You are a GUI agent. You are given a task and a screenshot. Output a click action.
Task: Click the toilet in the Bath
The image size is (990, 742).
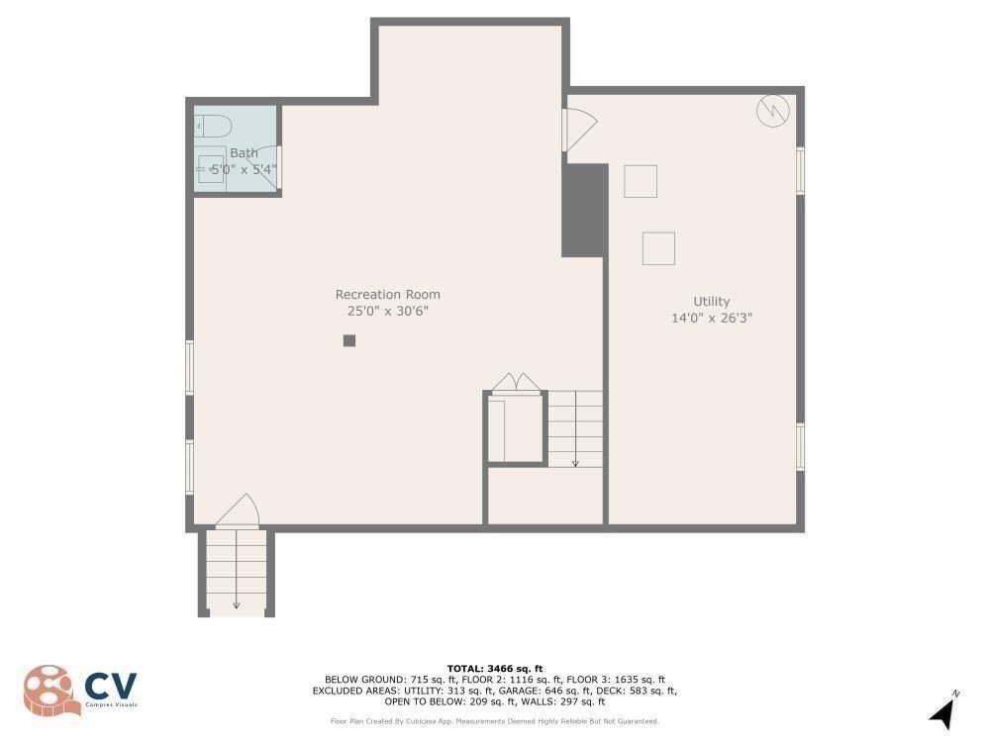214,127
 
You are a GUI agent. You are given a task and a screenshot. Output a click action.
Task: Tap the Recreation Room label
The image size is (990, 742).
387,294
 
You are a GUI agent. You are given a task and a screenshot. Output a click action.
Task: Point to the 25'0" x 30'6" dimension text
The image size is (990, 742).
387,311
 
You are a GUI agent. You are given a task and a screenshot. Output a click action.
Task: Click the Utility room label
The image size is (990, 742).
711,301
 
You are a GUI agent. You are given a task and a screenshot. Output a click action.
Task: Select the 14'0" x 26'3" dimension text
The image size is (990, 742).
711,318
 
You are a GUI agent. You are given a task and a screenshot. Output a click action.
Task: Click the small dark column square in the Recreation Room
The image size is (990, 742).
348,340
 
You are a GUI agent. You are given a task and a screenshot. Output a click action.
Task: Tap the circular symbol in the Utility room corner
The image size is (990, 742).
772,111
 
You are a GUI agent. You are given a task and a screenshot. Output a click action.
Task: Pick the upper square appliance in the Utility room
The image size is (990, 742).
640,181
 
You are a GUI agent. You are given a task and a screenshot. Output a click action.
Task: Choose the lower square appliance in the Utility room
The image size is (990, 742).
658,247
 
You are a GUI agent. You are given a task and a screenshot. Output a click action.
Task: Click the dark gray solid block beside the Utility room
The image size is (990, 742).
584,210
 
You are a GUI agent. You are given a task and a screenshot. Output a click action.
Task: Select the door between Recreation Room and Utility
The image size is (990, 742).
578,130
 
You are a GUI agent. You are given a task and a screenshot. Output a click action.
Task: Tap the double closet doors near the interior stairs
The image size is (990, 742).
516,383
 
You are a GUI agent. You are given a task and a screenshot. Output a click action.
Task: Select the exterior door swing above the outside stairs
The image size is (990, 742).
239,510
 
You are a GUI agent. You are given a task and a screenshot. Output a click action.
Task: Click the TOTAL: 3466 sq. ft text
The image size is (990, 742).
494,669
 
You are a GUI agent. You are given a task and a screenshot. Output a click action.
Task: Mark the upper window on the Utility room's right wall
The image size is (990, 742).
800,170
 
